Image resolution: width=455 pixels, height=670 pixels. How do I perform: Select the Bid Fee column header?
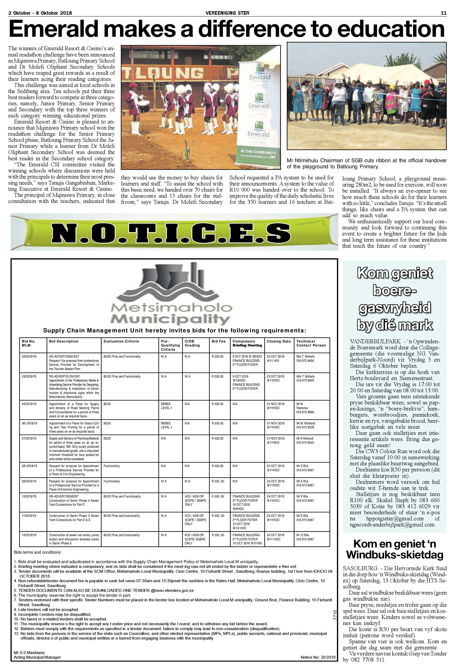218,341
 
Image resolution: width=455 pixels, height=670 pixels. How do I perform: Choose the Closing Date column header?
278,341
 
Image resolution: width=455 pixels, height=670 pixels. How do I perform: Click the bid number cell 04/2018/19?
29,404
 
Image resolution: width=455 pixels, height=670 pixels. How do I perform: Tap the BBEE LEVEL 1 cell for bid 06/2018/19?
166,425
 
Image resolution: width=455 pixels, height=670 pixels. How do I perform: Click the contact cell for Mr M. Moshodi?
306,425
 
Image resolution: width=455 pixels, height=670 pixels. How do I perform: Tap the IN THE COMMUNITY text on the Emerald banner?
258,152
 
